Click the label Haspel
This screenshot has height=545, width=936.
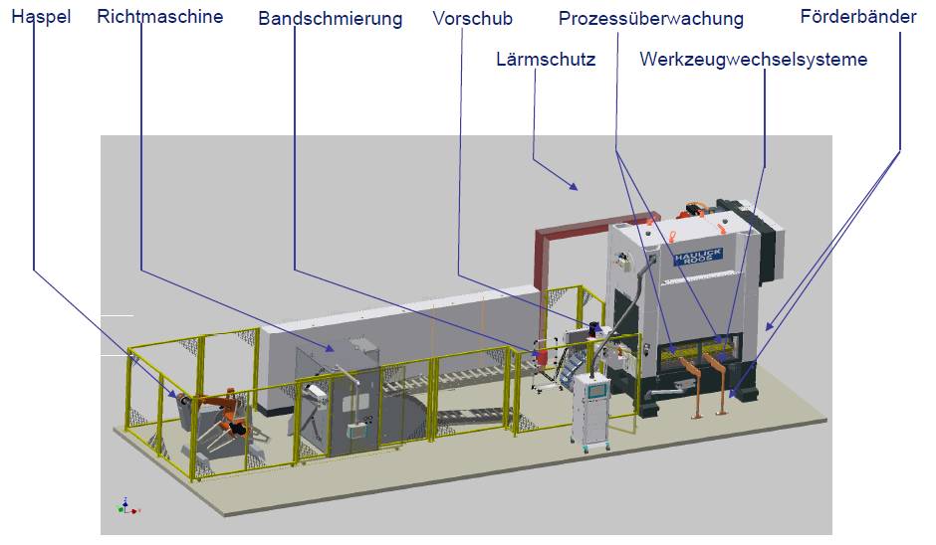(41, 18)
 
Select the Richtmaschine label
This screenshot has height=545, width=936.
(160, 17)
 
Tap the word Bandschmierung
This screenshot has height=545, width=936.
(330, 19)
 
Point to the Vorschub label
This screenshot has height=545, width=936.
(473, 18)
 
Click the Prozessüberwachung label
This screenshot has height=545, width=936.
(650, 19)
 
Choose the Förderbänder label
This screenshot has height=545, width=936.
(858, 17)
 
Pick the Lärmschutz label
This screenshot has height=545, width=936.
(546, 60)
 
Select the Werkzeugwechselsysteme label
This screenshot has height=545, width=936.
(753, 60)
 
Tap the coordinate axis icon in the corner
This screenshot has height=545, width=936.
(125, 506)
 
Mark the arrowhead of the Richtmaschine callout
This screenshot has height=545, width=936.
(335, 349)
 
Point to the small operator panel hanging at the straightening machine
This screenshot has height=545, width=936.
(355, 431)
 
